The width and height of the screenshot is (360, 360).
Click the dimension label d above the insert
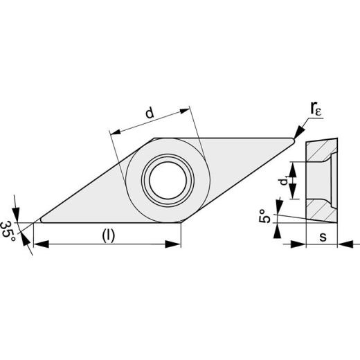pos(150,113)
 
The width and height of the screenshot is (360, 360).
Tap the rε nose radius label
pos(316,109)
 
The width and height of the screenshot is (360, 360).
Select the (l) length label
pos(109,236)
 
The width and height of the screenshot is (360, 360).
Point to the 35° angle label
pos(8,231)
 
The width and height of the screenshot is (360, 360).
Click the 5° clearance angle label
pos(265,216)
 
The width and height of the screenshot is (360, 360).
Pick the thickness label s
pos(323,237)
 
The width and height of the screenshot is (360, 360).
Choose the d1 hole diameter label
pos(284,181)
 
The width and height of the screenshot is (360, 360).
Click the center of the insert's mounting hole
pos(168,180)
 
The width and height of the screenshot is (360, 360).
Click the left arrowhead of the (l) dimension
pos(42,244)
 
